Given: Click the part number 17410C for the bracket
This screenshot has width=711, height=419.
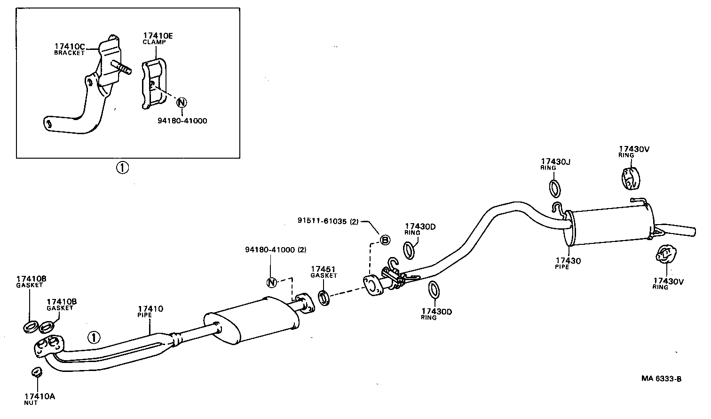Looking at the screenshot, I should tap(70, 46).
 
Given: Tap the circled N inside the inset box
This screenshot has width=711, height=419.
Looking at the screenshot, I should tap(181, 102).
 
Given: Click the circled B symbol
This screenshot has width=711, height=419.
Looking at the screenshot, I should tap(385, 240).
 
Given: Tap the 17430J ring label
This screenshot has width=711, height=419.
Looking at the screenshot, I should tap(555, 162).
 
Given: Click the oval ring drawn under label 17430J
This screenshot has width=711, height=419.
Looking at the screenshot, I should tap(555, 188).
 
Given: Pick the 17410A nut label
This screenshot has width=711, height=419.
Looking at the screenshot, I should tap(39, 396).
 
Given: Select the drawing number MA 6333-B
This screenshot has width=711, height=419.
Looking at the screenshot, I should tap(661, 379).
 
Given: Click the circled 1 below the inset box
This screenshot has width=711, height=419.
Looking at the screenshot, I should tap(122, 168).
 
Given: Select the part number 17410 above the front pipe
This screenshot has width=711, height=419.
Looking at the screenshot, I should tap(150, 309).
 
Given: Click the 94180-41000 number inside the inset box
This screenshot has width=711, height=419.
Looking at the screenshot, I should tap(182, 121).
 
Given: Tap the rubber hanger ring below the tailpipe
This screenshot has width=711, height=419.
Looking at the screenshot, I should tap(664, 255).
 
